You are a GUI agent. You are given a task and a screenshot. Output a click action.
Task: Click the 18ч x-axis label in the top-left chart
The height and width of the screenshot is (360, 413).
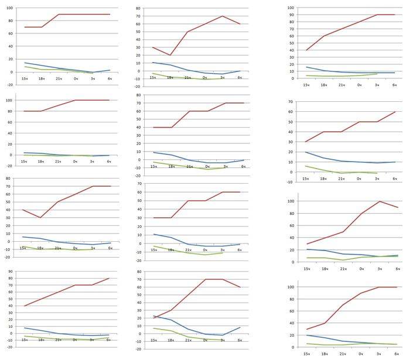tap(42, 78)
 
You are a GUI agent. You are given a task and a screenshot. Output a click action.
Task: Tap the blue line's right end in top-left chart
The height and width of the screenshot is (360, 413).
tap(110, 70)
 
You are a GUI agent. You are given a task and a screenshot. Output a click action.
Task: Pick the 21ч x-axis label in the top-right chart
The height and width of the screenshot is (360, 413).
tap(341, 85)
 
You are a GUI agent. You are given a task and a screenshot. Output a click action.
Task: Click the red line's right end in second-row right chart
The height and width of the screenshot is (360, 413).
tap(395, 112)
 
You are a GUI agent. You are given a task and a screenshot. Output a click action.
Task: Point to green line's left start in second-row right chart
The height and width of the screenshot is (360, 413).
tap(305, 166)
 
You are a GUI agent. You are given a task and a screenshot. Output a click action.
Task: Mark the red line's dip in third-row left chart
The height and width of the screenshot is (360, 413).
tap(40, 218)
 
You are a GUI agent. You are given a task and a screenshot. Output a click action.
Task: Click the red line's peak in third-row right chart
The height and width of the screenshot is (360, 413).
tap(378, 201)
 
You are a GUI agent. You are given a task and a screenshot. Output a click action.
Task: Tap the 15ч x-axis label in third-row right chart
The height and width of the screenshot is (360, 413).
tap(306, 269)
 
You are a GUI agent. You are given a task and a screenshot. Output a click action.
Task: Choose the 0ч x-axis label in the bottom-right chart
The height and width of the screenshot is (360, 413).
tap(360, 354)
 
